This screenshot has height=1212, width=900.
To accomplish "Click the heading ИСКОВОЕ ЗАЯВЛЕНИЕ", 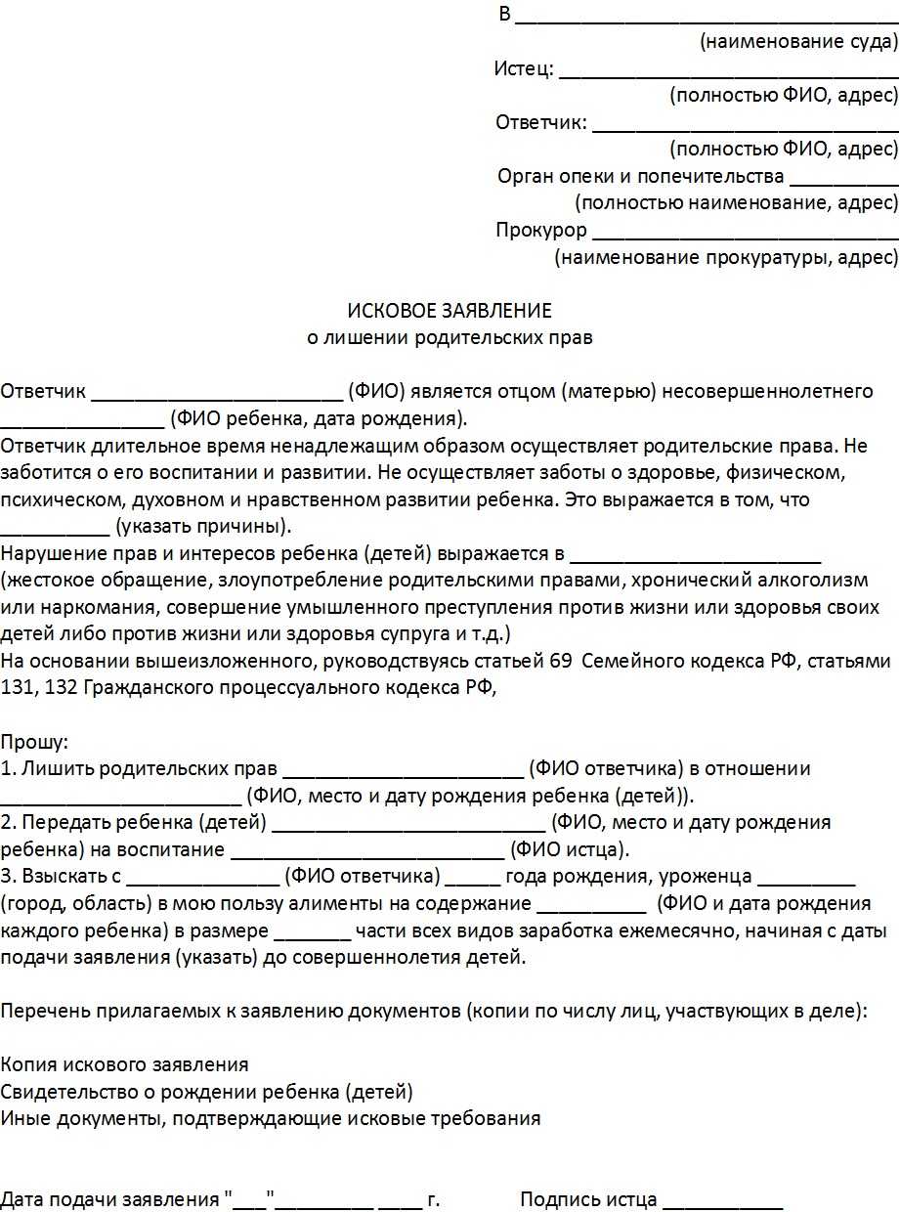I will [450, 311].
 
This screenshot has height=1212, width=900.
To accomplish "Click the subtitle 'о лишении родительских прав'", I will [450, 338].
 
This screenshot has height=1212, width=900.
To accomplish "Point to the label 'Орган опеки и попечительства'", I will [640, 177].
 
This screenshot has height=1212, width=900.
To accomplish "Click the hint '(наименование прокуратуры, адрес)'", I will [725, 258].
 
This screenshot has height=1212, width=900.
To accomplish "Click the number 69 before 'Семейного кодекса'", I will [561, 661].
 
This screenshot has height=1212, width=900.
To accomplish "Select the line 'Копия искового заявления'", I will [124, 1064].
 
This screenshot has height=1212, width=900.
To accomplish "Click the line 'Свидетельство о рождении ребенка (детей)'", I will [206, 1091].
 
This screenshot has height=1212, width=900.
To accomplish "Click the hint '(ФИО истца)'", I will [571, 849].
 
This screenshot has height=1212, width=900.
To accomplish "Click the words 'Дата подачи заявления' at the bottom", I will [108, 1199].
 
